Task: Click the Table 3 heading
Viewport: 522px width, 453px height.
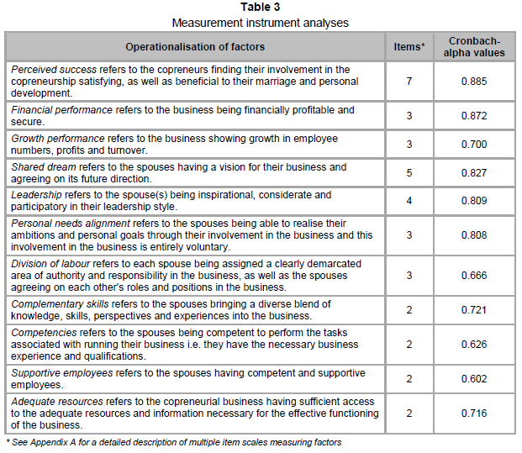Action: [261, 8]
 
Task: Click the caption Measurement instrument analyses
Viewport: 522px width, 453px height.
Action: [261, 23]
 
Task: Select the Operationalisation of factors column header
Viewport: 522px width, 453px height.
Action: [195, 47]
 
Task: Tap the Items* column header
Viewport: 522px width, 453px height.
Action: [410, 47]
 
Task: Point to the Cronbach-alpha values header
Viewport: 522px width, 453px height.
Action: [475, 47]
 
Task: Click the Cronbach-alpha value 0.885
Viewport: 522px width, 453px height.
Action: [475, 82]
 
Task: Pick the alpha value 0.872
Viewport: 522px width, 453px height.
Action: [475, 116]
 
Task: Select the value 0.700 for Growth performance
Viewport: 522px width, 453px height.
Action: [475, 145]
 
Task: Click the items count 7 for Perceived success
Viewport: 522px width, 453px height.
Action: [410, 82]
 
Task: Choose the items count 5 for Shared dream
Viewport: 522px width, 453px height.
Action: [410, 173]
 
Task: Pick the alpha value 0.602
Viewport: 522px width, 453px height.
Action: [475, 379]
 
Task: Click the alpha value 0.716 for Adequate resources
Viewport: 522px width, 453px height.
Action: [475, 413]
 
